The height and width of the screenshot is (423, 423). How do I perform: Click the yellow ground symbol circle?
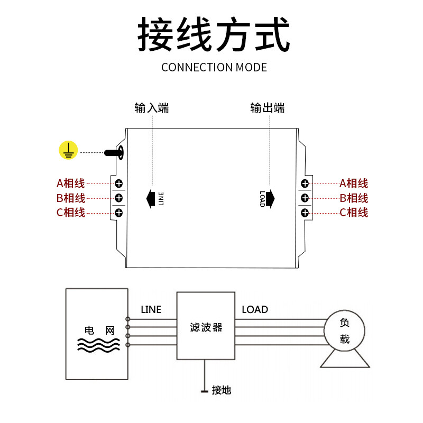(68, 151)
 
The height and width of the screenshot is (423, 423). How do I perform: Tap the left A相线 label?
(71, 183)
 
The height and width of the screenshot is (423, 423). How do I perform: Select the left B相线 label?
(71, 198)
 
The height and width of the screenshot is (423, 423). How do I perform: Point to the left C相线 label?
(71, 213)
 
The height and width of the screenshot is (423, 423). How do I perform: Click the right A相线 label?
(354, 183)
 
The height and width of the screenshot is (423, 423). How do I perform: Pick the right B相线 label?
(354, 198)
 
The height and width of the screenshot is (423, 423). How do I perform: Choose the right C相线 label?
(354, 213)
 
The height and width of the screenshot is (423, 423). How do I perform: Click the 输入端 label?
(152, 108)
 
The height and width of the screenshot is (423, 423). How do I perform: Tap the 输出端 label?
(268, 108)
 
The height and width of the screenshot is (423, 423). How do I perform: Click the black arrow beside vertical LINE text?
(151, 198)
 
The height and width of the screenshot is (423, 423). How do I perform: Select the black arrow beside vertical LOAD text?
(270, 198)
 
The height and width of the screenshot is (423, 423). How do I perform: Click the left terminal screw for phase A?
(119, 183)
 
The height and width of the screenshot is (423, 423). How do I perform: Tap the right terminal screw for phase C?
(305, 213)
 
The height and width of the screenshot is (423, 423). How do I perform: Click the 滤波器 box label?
(206, 328)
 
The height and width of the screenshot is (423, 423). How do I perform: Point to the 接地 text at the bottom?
(221, 391)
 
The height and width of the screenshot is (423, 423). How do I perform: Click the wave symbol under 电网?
(97, 345)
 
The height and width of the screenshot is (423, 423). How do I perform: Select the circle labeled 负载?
(344, 330)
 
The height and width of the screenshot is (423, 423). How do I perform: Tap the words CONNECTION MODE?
(214, 67)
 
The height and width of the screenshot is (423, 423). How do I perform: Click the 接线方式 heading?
(214, 34)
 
